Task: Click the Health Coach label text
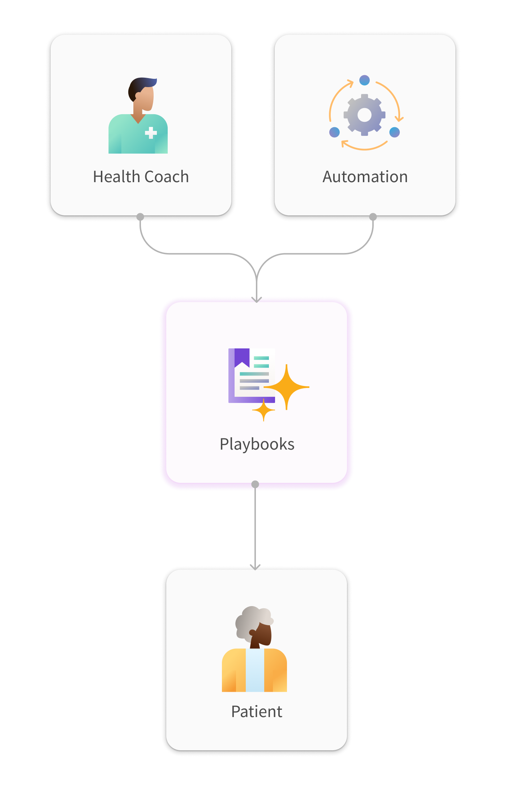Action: coord(141,177)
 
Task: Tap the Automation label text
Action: coord(365,177)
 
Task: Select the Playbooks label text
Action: coord(257,444)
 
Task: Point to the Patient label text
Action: coord(257,712)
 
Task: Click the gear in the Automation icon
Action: coord(364,115)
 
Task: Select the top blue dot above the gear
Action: coord(365,80)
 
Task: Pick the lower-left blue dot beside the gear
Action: coord(334,132)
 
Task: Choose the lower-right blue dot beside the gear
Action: coord(394,132)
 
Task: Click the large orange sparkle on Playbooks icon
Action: coord(287,387)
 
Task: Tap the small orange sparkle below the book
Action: coord(263,410)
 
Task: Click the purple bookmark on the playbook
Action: coord(242,357)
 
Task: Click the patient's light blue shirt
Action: coord(255,670)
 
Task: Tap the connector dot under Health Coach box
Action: coord(140,217)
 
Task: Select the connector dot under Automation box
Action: coord(373,217)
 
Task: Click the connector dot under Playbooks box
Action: coord(255,484)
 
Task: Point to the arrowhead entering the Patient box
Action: coord(255,567)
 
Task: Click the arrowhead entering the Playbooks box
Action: coord(257,299)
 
